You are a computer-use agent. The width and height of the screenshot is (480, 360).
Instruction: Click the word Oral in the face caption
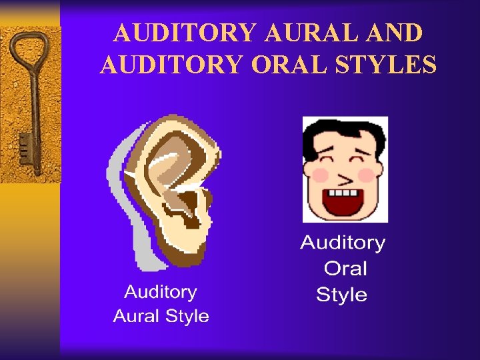(345, 269)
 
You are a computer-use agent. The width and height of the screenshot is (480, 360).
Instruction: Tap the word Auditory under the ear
(161, 292)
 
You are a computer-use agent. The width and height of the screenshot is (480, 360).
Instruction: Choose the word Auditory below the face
(343, 243)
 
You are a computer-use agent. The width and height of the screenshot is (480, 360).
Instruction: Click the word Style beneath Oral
(341, 295)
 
